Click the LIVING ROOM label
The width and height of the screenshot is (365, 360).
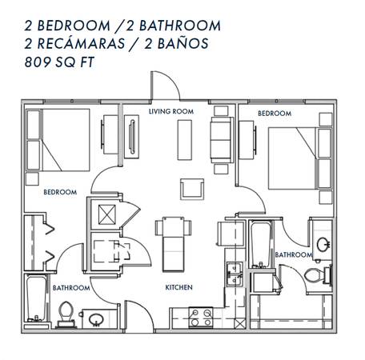tap(171, 111)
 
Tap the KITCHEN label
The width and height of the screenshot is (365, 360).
tap(178, 287)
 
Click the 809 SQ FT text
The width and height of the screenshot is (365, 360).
tap(59, 62)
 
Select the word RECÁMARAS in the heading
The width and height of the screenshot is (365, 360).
tap(81, 43)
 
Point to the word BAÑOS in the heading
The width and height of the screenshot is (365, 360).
tap(183, 44)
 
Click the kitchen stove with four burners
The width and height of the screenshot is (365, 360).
tap(201, 317)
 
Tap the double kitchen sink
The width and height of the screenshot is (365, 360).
tap(235, 274)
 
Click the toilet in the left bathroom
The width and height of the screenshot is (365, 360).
tap(66, 314)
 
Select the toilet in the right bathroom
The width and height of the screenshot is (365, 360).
tap(317, 275)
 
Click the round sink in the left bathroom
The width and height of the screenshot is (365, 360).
tap(96, 319)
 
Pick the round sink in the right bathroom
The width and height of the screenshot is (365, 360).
tap(323, 245)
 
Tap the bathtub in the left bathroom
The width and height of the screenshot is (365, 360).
tap(37, 299)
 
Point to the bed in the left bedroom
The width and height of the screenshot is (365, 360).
tap(58, 140)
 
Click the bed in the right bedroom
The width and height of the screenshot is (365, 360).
tap(300, 158)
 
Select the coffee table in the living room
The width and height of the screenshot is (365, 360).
tap(185, 140)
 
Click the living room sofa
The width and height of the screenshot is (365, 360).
tap(221, 140)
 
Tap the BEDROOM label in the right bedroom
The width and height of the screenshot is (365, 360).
tap(275, 114)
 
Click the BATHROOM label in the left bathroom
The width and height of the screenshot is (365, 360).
tap(71, 288)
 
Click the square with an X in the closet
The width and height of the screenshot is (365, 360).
tap(107, 214)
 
